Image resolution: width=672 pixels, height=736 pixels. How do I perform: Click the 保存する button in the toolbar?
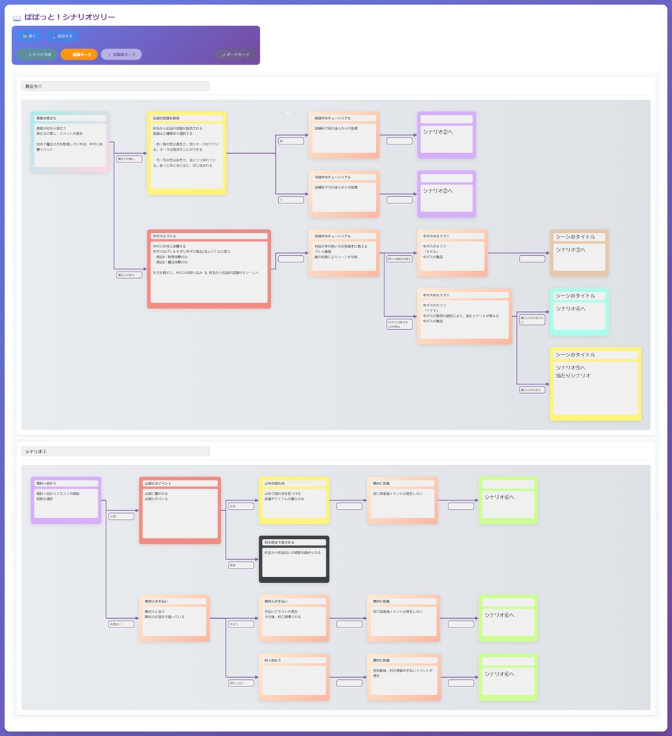[x=63, y=36]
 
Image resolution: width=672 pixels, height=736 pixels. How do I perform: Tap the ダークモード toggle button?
[x=235, y=55]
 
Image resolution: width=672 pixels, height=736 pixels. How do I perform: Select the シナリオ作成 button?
[x=37, y=55]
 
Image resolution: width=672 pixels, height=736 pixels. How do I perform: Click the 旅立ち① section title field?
[x=115, y=86]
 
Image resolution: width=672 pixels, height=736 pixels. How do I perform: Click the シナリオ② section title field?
[x=115, y=451]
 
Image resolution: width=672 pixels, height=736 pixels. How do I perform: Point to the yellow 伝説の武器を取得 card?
[x=187, y=153]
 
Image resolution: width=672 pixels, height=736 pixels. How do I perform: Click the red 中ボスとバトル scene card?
[x=208, y=270]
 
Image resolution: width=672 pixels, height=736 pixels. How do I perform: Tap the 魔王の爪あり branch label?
[x=129, y=275]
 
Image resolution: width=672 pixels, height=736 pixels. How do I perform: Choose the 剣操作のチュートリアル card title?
[x=344, y=118]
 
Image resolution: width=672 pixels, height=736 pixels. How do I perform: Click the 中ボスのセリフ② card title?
[x=464, y=295]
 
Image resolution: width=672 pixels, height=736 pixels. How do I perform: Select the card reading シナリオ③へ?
[x=579, y=253]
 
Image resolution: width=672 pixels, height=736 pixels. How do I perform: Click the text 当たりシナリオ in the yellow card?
[x=574, y=375]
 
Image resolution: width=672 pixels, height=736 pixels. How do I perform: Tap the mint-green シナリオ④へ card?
[x=579, y=312]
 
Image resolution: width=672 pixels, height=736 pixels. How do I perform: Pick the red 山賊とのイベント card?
[x=180, y=510]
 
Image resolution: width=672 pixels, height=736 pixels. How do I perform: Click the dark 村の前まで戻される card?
[x=293, y=559]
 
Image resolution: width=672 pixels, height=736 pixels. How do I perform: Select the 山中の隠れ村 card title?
[x=293, y=484]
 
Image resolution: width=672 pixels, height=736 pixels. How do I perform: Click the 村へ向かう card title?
[x=293, y=660]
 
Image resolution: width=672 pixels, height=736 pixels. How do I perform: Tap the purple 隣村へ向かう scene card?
[x=65, y=500]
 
